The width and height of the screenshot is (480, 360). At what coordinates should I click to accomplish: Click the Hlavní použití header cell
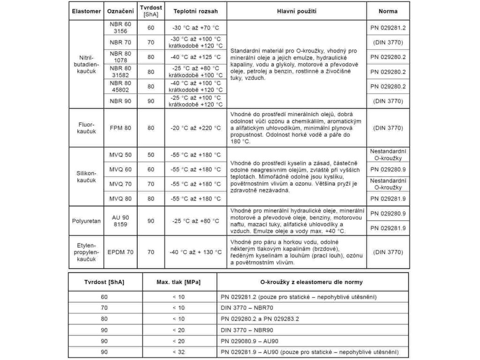click(x=296, y=11)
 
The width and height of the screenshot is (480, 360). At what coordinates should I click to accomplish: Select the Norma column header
click(x=388, y=11)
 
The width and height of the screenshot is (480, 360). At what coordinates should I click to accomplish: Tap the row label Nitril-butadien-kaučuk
click(x=86, y=64)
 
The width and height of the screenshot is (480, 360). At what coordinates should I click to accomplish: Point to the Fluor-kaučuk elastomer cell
click(x=86, y=128)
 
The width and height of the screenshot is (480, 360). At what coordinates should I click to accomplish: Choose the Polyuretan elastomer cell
click(x=86, y=220)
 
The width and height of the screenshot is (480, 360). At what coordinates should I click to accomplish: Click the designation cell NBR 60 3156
click(x=120, y=28)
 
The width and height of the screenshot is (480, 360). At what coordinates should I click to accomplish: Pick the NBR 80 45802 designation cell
click(x=120, y=86)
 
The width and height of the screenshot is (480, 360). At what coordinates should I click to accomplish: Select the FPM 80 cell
click(x=120, y=128)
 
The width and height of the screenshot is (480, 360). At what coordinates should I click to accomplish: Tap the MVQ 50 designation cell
click(x=120, y=155)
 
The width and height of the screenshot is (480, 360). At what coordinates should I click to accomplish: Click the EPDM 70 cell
click(x=120, y=252)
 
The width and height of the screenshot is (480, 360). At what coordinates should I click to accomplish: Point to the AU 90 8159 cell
click(x=120, y=220)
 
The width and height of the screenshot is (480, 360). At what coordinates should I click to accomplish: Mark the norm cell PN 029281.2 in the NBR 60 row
click(x=388, y=28)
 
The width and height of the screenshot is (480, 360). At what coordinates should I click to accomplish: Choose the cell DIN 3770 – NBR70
click(x=247, y=307)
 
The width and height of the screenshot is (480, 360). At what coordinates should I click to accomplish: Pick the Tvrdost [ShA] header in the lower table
click(x=104, y=282)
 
